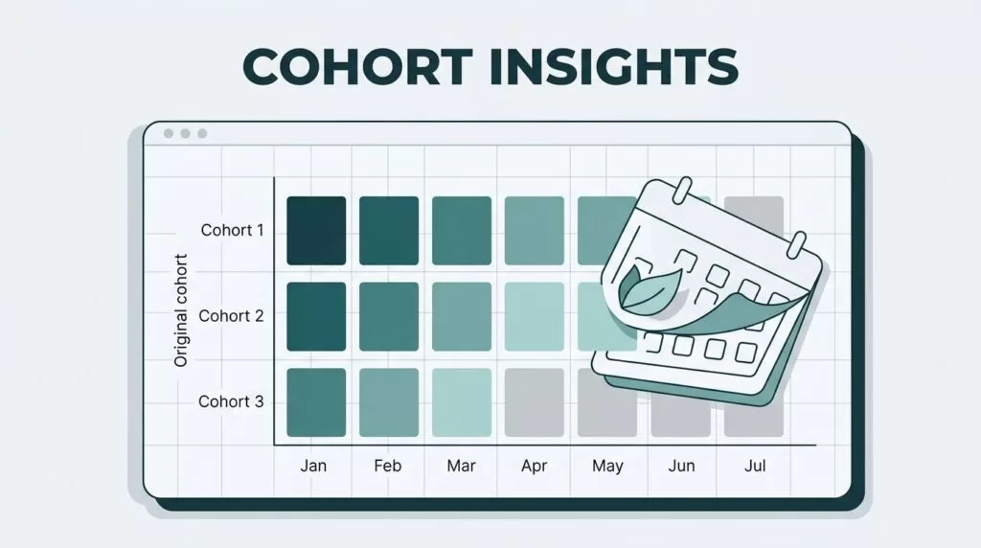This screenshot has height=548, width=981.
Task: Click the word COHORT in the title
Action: [x=357, y=66]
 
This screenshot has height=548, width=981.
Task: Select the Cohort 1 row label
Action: [x=232, y=230]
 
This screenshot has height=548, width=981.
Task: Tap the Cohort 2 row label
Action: [x=231, y=316]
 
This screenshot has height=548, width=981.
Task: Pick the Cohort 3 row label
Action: [x=231, y=401]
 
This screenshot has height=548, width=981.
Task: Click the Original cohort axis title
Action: [x=181, y=310]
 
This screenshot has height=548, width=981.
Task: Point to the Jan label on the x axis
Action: [x=313, y=466]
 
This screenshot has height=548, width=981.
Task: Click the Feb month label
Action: [x=387, y=466]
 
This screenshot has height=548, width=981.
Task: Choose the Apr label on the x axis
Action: [x=535, y=466]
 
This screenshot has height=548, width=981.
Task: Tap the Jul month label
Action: [x=755, y=466]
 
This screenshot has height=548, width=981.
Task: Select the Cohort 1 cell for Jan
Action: [x=316, y=231]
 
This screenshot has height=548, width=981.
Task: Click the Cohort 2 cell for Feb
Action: [x=389, y=316]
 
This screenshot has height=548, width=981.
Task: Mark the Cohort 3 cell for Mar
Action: [x=462, y=402]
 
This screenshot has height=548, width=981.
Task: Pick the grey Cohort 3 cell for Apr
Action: [x=535, y=402]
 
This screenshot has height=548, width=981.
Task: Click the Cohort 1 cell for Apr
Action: [x=535, y=231]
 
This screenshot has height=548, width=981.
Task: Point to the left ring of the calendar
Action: [x=682, y=191]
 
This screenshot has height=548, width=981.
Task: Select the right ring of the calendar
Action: [x=796, y=244]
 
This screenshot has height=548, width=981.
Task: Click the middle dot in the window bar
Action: [x=185, y=133]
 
